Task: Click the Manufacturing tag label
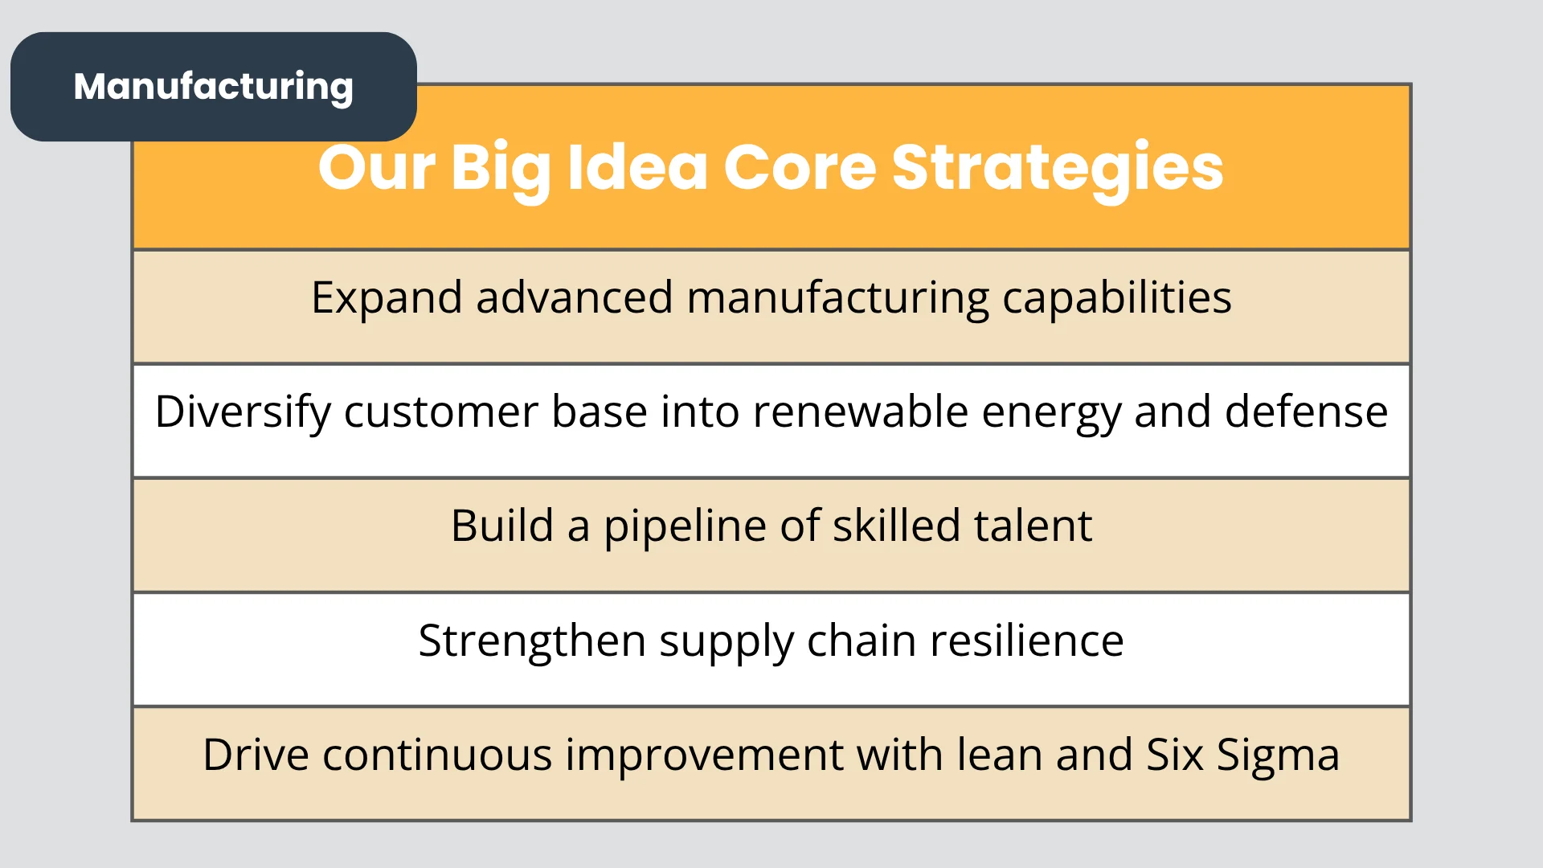(213, 87)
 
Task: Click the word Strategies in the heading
(1058, 170)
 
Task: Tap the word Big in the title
(501, 170)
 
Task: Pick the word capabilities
(1117, 299)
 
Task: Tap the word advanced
(575, 297)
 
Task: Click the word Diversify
(243, 413)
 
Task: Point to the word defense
(1306, 411)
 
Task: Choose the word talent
(1033, 526)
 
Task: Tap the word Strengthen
(532, 642)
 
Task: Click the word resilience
(1026, 641)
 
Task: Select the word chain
(861, 641)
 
